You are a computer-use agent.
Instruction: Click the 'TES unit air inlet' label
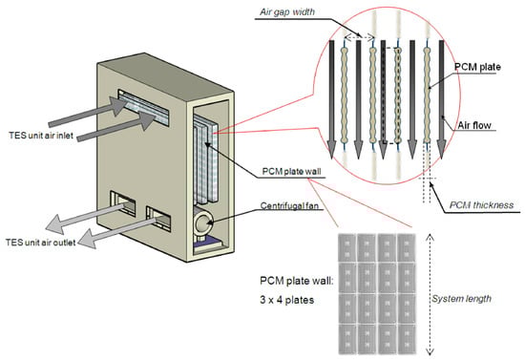coord(41,136)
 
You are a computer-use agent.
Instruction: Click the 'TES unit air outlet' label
coord(40,243)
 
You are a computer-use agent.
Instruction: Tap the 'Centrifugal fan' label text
coord(289,205)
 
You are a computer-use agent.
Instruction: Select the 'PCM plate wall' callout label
coord(291,172)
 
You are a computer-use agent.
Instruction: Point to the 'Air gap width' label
coord(287,12)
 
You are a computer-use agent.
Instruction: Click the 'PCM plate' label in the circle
coord(477,67)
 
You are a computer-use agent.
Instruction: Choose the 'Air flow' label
coord(474,126)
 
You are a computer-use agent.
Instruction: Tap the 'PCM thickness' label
coord(481,205)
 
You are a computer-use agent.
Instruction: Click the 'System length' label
coord(461,299)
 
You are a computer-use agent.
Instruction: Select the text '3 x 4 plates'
coord(287,300)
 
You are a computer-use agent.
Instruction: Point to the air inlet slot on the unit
coord(143,106)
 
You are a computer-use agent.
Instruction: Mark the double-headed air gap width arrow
coord(359,37)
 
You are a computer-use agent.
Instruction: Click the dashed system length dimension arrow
coord(430,294)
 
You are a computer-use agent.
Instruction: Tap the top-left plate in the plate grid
coord(346,248)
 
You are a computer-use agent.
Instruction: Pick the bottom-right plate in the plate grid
coord(407,339)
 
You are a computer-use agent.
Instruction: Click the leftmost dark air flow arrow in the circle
coord(331,99)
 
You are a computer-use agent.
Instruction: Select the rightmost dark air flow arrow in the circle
coord(441,99)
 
